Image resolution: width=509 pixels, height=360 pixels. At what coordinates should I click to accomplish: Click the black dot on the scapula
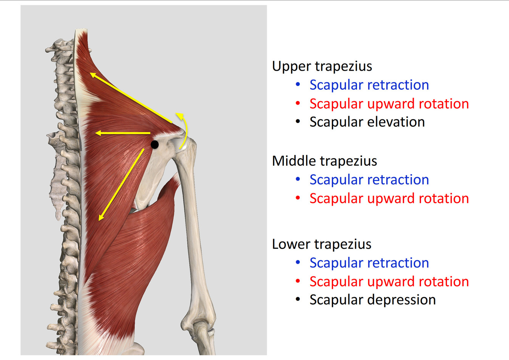pos(155,145)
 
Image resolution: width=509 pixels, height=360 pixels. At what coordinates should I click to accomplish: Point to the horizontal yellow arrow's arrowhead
pos(98,133)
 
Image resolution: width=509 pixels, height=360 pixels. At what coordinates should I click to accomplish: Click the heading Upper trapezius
pos(322,66)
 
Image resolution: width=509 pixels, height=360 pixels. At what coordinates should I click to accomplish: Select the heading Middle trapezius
pos(324,161)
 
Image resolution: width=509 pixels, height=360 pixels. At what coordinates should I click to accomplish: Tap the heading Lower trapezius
pos(321,244)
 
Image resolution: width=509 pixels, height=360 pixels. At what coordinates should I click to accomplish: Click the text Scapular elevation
pos(367,122)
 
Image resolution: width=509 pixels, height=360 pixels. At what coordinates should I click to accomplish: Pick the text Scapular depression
pos(372,300)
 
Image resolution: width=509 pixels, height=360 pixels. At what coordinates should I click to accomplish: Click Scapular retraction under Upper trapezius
pos(369,85)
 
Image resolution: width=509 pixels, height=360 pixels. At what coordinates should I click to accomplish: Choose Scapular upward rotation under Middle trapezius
pos(389,198)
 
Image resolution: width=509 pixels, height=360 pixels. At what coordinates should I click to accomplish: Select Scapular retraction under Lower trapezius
pos(369,263)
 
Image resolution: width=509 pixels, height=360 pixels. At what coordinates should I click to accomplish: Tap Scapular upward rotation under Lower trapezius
pos(389,281)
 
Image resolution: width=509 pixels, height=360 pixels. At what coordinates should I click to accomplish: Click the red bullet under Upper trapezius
pos(298,103)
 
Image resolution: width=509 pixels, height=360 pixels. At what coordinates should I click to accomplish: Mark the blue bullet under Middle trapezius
pos(298,179)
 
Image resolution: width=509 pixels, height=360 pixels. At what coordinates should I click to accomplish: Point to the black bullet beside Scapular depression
pos(298,299)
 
